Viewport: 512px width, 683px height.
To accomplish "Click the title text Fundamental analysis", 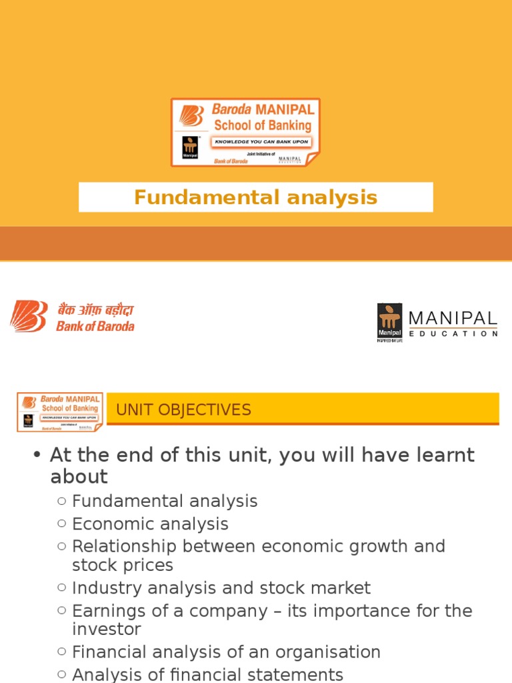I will pos(255,197).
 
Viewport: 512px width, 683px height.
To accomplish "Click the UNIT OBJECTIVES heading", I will pos(183,410).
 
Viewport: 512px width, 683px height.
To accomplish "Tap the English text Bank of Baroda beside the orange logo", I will pos(95,326).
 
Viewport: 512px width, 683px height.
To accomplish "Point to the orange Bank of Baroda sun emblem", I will pos(29,316).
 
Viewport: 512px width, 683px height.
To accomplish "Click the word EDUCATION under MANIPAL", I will pos(453,333).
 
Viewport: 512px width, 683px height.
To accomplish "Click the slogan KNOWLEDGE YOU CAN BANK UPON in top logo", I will pos(261,141).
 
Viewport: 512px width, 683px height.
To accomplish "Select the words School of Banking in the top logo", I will pos(262,125).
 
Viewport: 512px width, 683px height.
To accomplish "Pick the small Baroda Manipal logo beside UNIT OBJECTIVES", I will pos(60,412).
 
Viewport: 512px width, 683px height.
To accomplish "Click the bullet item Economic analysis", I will pos(150,524).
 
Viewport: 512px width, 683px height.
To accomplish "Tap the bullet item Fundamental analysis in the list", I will pos(165,501).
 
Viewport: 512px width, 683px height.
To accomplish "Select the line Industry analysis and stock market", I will pos(221,588).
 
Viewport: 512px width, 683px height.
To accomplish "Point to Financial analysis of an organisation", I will pos(226,652).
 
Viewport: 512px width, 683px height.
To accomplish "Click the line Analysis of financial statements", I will pos(207,674).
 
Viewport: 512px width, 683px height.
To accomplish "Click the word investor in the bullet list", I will pos(107,629).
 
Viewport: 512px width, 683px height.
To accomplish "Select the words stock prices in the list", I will pos(123,566).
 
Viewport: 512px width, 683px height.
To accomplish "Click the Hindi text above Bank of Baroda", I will pos(95,310).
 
